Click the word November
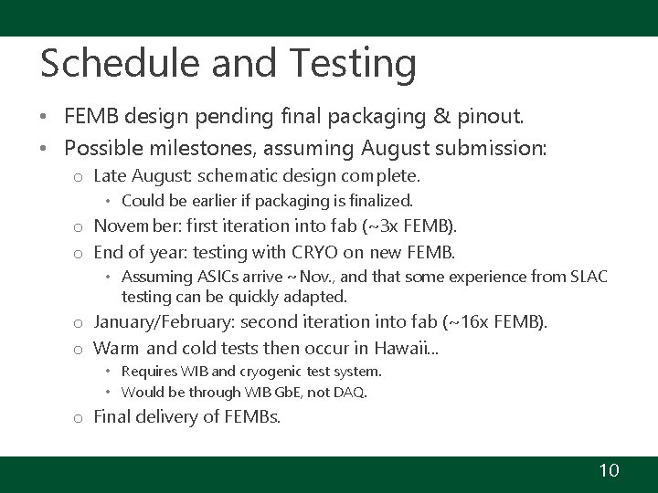coord(134,226)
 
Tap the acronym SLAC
coord(586,277)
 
